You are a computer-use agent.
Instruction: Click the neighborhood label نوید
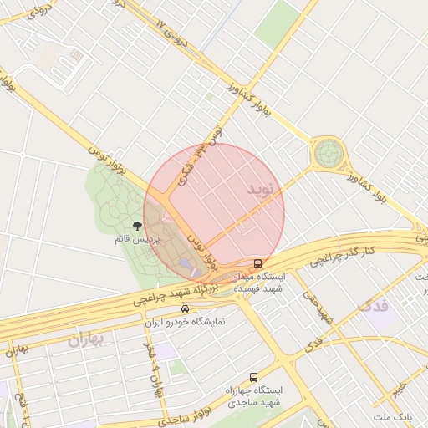coord(260,190)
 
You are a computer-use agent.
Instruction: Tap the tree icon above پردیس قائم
coord(137,226)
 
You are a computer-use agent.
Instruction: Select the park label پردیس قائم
coord(136,239)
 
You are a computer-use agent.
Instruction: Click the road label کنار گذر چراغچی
coord(337,252)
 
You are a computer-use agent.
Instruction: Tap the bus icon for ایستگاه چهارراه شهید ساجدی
coord(253,377)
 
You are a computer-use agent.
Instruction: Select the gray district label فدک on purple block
coord(372,307)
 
